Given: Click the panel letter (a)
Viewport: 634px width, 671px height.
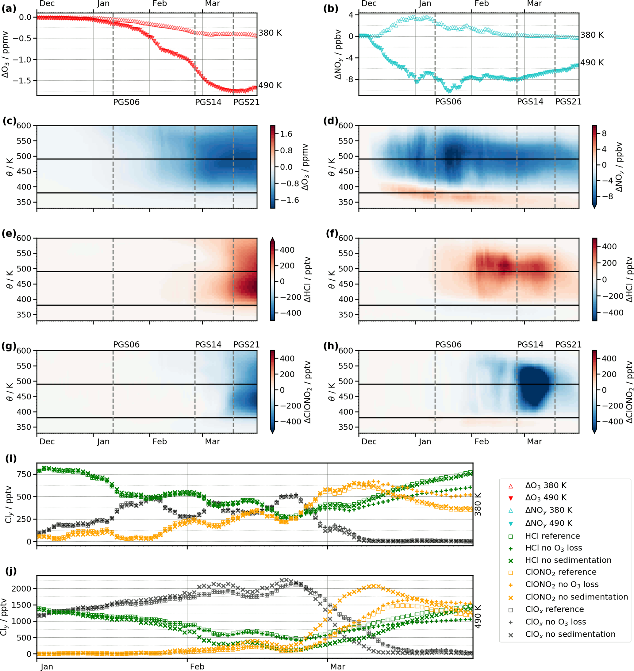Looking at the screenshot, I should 9,9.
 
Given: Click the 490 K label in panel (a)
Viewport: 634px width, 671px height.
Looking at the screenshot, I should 270,86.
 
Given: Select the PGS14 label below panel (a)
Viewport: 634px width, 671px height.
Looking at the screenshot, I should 208,102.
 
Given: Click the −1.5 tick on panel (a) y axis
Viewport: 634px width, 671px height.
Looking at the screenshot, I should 22,81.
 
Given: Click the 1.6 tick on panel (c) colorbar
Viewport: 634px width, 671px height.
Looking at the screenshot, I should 286,134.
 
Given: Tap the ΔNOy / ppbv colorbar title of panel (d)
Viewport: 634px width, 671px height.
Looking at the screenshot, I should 619,167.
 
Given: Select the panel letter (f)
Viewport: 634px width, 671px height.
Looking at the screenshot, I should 332,233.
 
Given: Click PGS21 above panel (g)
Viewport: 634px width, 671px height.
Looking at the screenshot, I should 246,345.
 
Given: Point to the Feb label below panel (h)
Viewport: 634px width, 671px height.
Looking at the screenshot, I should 482,442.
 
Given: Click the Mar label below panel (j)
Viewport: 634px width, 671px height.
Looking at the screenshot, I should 338,667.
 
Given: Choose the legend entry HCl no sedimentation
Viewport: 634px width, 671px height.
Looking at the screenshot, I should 568,560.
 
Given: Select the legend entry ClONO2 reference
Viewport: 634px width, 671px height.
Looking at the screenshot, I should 561,572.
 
